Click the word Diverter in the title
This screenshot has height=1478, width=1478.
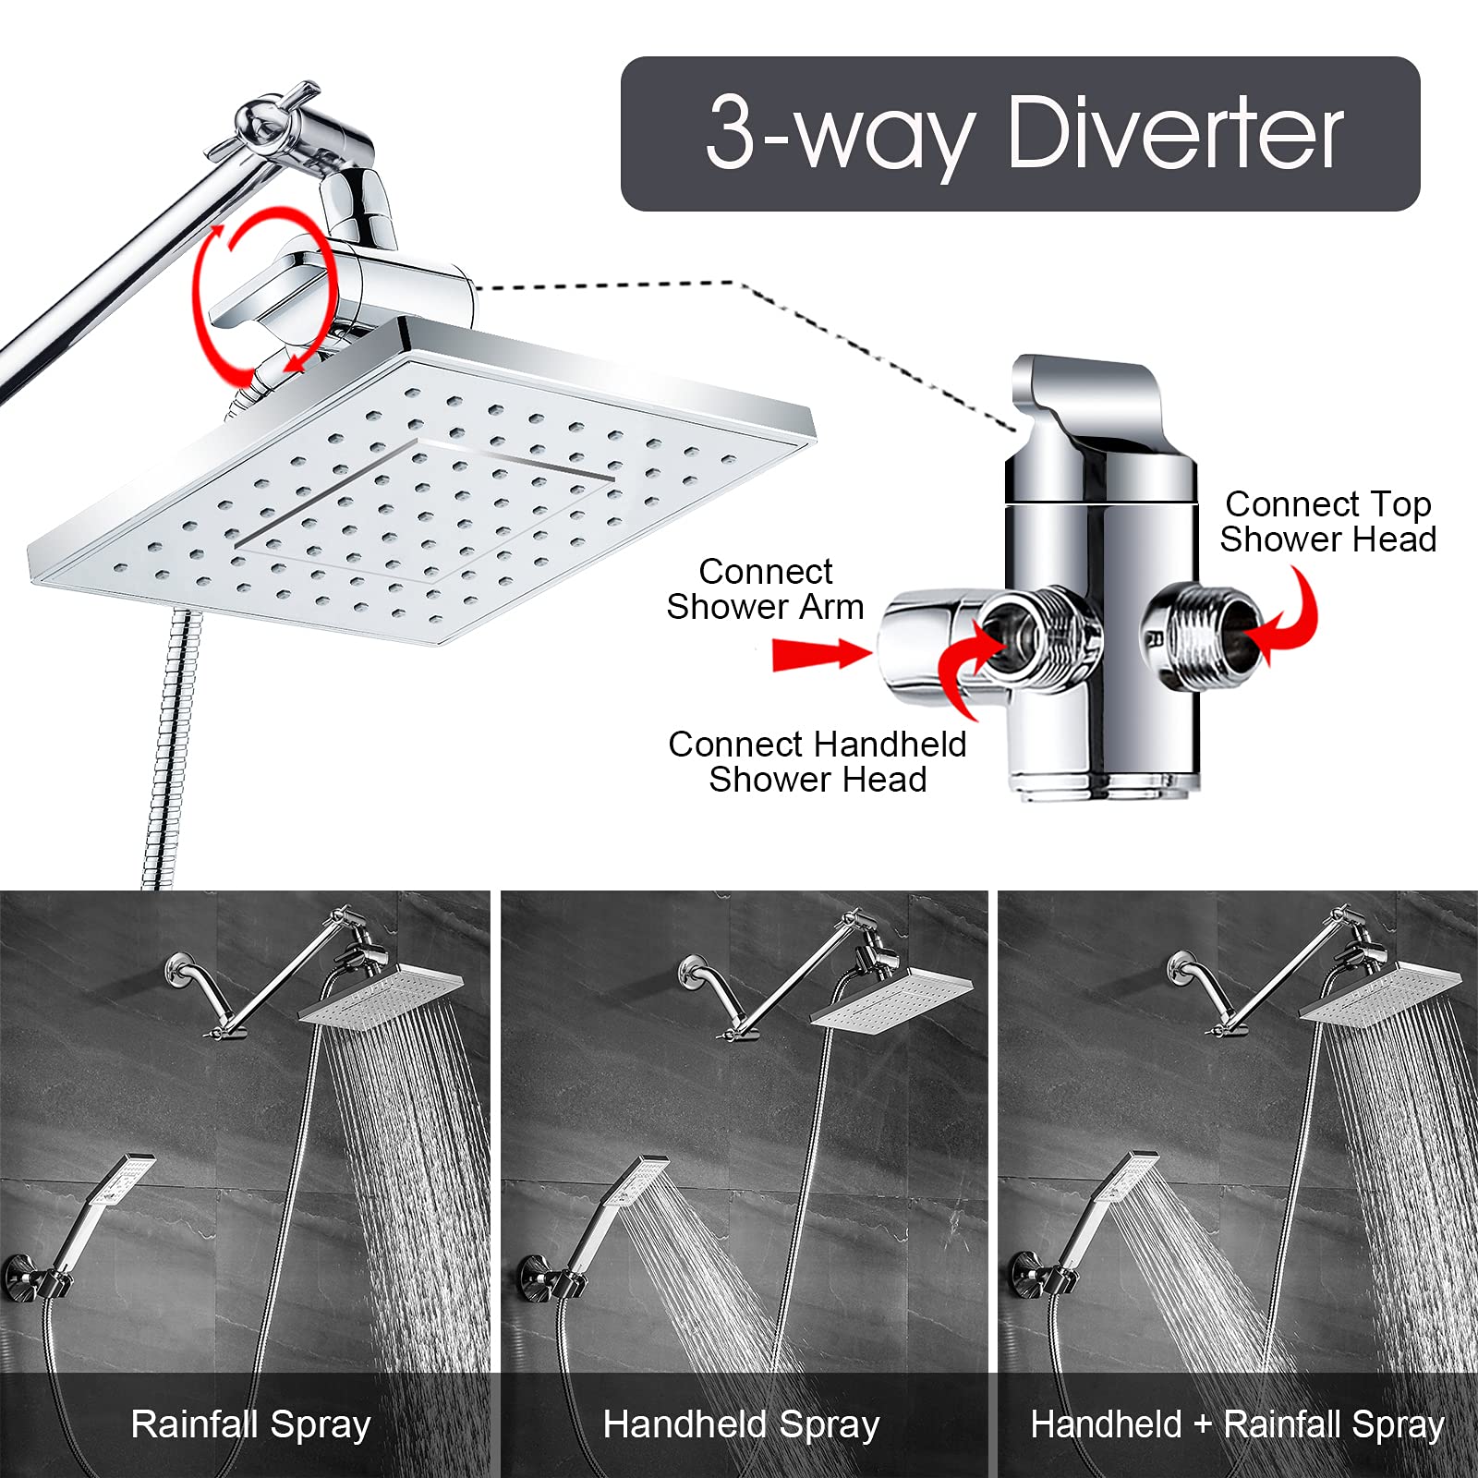click(1175, 134)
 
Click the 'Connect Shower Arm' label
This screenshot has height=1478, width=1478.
click(765, 588)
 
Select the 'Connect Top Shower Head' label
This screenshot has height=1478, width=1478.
click(1327, 522)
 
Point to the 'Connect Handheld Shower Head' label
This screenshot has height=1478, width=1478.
click(817, 761)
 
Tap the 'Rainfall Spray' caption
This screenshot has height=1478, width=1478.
click(250, 1423)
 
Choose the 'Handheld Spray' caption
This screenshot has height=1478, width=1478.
click(741, 1423)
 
